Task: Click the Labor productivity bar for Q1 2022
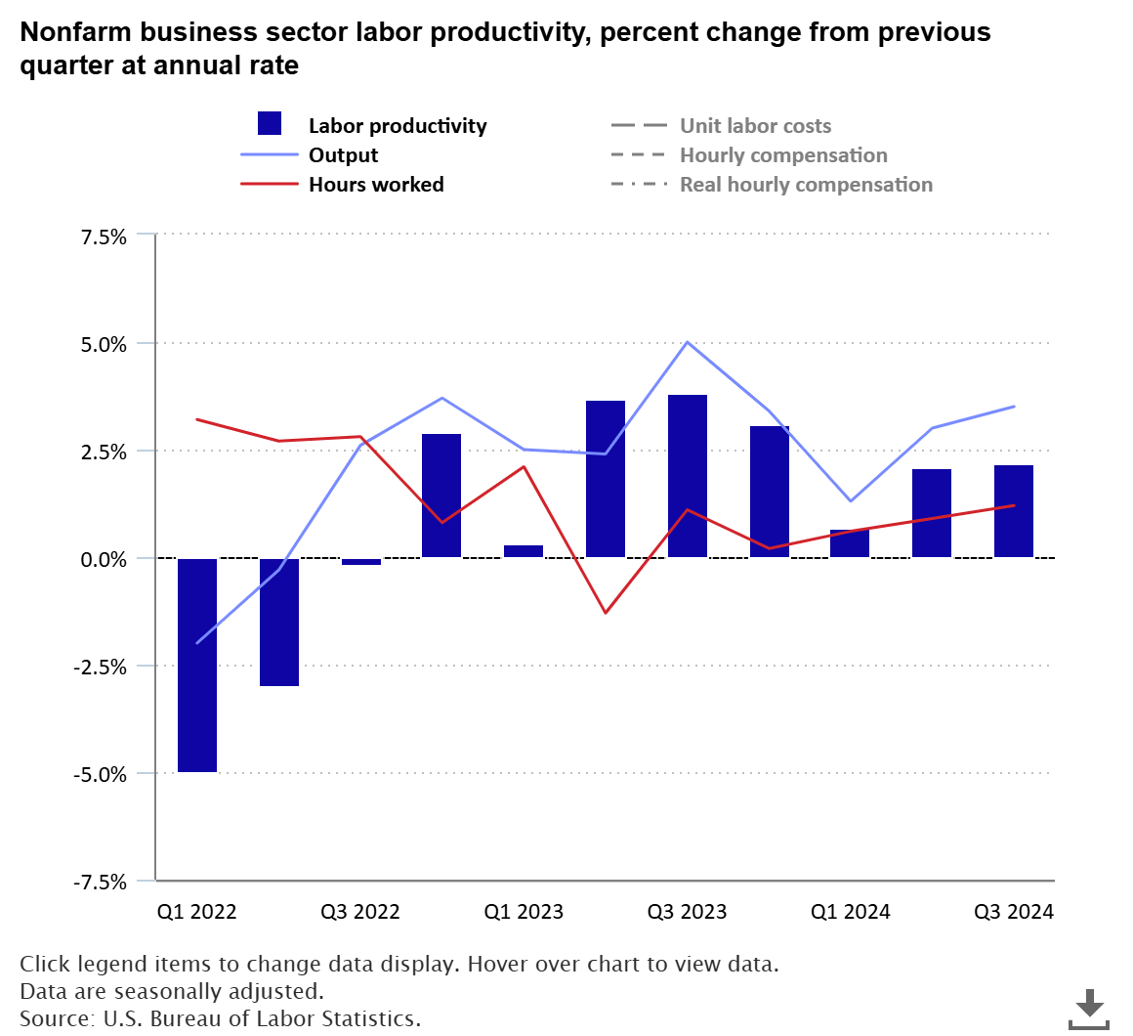click(x=197, y=665)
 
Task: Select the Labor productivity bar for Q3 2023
click(x=688, y=476)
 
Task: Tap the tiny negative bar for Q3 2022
click(x=361, y=561)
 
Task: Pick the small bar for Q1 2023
click(x=524, y=551)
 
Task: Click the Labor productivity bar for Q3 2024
click(x=1014, y=511)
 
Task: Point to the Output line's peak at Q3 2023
click(x=688, y=342)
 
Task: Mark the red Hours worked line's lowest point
click(x=606, y=613)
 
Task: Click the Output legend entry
click(x=343, y=155)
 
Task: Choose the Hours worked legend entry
click(x=376, y=185)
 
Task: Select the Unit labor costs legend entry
click(x=755, y=126)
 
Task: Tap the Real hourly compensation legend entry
click(x=806, y=185)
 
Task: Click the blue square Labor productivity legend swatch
click(x=270, y=124)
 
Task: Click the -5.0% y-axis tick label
click(x=100, y=774)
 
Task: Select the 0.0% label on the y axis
click(x=103, y=559)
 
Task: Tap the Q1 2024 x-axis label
click(x=851, y=912)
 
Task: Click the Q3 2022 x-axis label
click(x=360, y=912)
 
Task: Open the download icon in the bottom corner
click(x=1089, y=1008)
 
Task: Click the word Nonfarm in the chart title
click(x=75, y=32)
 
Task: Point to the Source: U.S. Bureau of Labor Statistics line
click(x=220, y=1018)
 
